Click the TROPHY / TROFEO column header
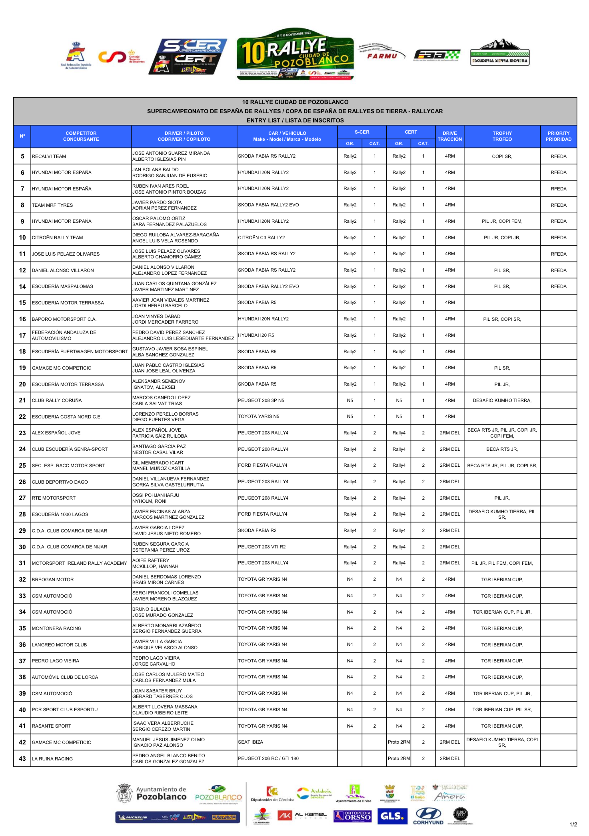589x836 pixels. point(502,136)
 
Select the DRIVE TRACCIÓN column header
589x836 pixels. point(449,136)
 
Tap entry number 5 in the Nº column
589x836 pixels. point(22,156)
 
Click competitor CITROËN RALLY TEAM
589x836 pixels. point(58,238)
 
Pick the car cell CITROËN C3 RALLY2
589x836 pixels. point(262,238)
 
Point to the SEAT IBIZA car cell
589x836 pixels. point(251,742)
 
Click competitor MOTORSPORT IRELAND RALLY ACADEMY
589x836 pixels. point(79,563)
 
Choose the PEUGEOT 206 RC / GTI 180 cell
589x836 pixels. point(268,758)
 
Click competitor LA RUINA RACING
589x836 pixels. point(52,759)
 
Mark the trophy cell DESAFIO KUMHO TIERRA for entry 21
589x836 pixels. point(502,400)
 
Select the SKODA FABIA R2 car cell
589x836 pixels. point(257,530)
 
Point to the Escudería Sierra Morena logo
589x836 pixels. point(500,53)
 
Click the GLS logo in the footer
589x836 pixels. point(392,816)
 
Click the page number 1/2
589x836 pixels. point(573,824)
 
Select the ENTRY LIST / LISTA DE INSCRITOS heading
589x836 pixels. point(295,120)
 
